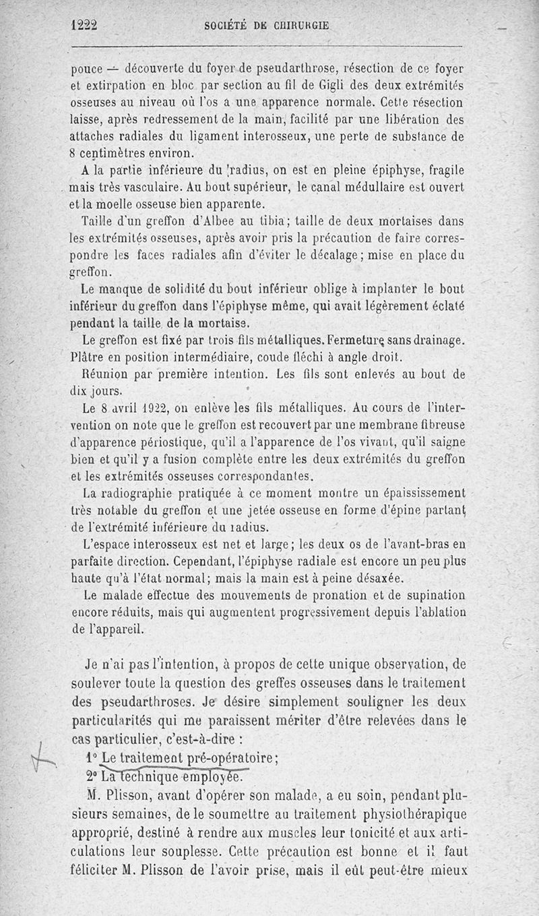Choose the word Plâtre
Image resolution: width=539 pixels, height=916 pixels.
91,357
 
